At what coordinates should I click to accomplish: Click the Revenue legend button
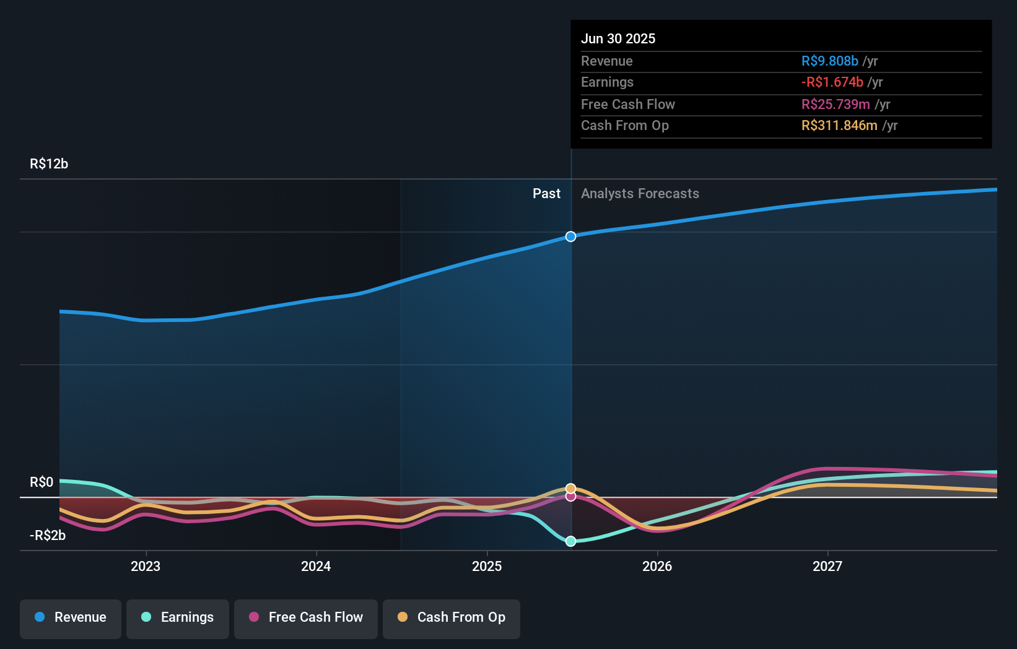(x=71, y=618)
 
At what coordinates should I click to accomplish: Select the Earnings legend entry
(x=178, y=618)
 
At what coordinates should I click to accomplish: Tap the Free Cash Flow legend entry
(x=306, y=618)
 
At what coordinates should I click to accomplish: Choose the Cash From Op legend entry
(x=452, y=618)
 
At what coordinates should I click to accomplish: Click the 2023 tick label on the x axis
(x=146, y=567)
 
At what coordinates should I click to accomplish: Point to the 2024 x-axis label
(x=316, y=567)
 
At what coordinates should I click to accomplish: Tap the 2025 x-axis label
(x=487, y=567)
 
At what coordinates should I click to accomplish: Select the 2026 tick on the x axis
(x=657, y=567)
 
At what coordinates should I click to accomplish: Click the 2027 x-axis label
(x=827, y=567)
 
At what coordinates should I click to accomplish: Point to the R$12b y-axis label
(x=49, y=164)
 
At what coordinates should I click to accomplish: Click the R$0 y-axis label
(x=41, y=482)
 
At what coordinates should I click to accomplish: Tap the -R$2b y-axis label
(x=48, y=536)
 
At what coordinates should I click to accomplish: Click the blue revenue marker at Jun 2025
(x=571, y=237)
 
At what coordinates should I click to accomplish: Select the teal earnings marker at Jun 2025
(x=571, y=541)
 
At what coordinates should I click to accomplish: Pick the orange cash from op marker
(x=571, y=489)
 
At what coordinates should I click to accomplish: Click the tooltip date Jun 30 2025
(x=618, y=39)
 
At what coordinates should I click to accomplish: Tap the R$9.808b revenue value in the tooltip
(x=829, y=61)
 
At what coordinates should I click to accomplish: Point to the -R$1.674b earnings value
(x=832, y=82)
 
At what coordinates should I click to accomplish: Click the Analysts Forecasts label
(x=640, y=194)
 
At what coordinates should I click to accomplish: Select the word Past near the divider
(x=546, y=194)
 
